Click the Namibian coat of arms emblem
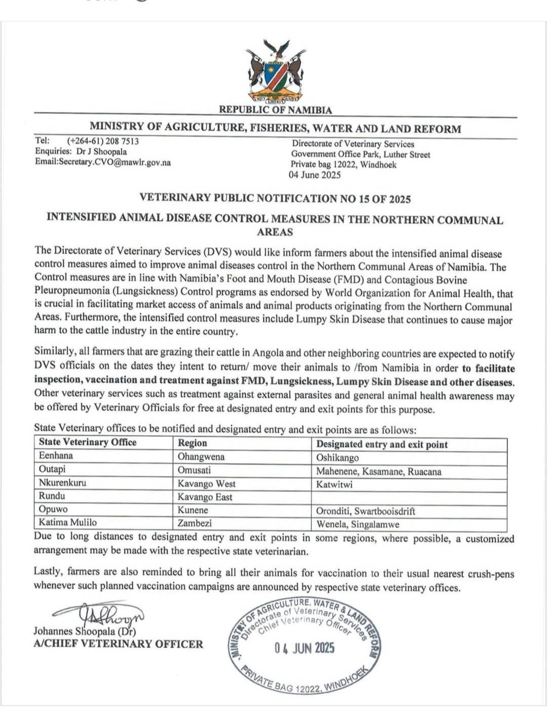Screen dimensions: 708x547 (276, 74)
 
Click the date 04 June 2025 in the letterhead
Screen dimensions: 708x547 (315, 175)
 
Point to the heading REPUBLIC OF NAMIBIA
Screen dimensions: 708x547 (276, 110)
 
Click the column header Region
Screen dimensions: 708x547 (192, 443)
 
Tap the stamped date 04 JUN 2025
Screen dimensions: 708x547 (304, 648)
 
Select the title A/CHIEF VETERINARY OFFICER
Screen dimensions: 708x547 (118, 644)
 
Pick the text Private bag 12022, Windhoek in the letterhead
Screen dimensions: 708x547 (343, 165)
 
